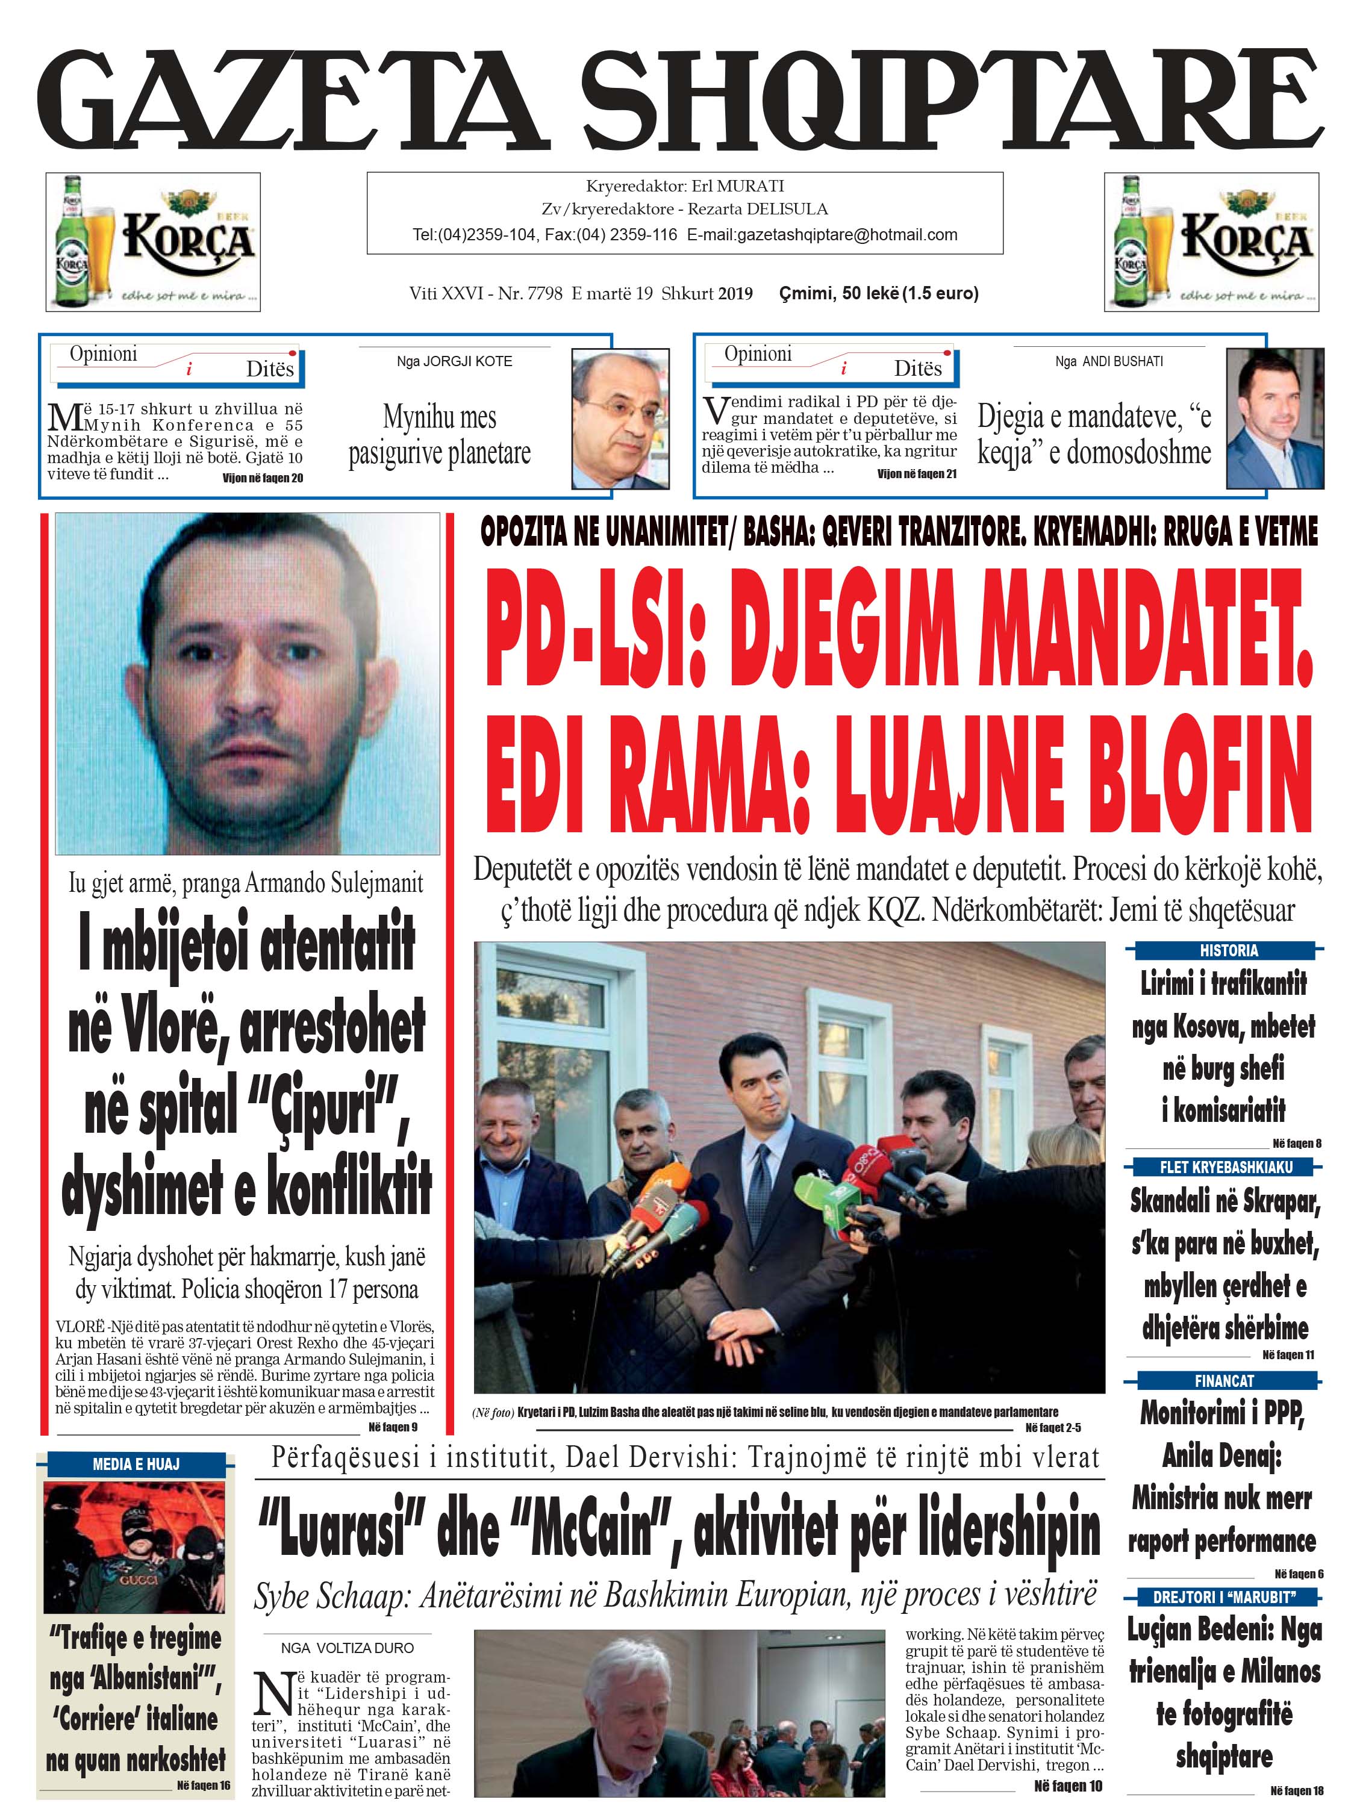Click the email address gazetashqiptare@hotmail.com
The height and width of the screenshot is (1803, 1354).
[x=822, y=235]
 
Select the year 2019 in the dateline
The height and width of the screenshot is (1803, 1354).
[x=735, y=293]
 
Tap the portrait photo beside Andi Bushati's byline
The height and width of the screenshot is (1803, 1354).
[x=1275, y=418]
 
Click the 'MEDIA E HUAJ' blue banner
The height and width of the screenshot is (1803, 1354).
[x=136, y=1465]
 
